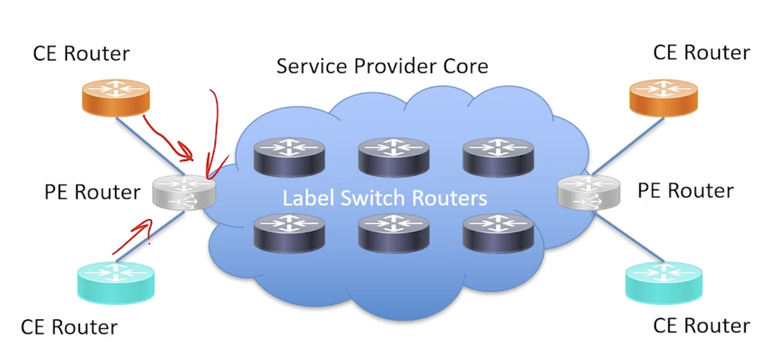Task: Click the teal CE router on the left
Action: tap(116, 282)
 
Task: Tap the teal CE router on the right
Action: tap(663, 282)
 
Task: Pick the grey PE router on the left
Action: tap(184, 192)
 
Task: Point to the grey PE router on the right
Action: tap(589, 192)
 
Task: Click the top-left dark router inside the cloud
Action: tap(289, 157)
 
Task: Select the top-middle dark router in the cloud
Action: tap(394, 157)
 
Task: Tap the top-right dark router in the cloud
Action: tap(498, 157)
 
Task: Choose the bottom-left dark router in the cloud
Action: tap(289, 233)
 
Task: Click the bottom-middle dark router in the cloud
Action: tap(394, 233)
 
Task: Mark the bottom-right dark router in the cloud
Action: tap(498, 233)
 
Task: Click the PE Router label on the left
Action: tap(92, 192)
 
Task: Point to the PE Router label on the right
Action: tap(686, 191)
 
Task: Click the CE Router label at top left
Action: tap(81, 53)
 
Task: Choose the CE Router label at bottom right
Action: tap(701, 326)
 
